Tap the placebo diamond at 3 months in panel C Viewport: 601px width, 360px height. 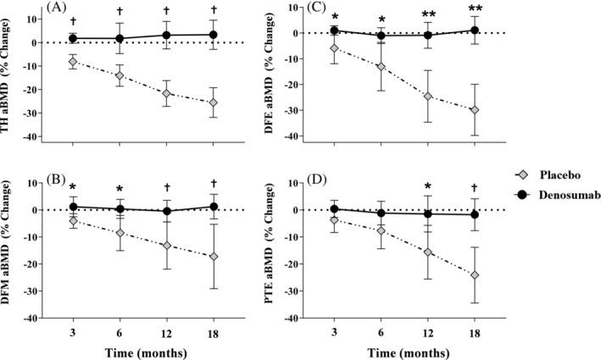click(335, 48)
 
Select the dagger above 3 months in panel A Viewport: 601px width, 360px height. click(73, 21)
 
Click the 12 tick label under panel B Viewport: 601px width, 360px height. click(166, 331)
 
